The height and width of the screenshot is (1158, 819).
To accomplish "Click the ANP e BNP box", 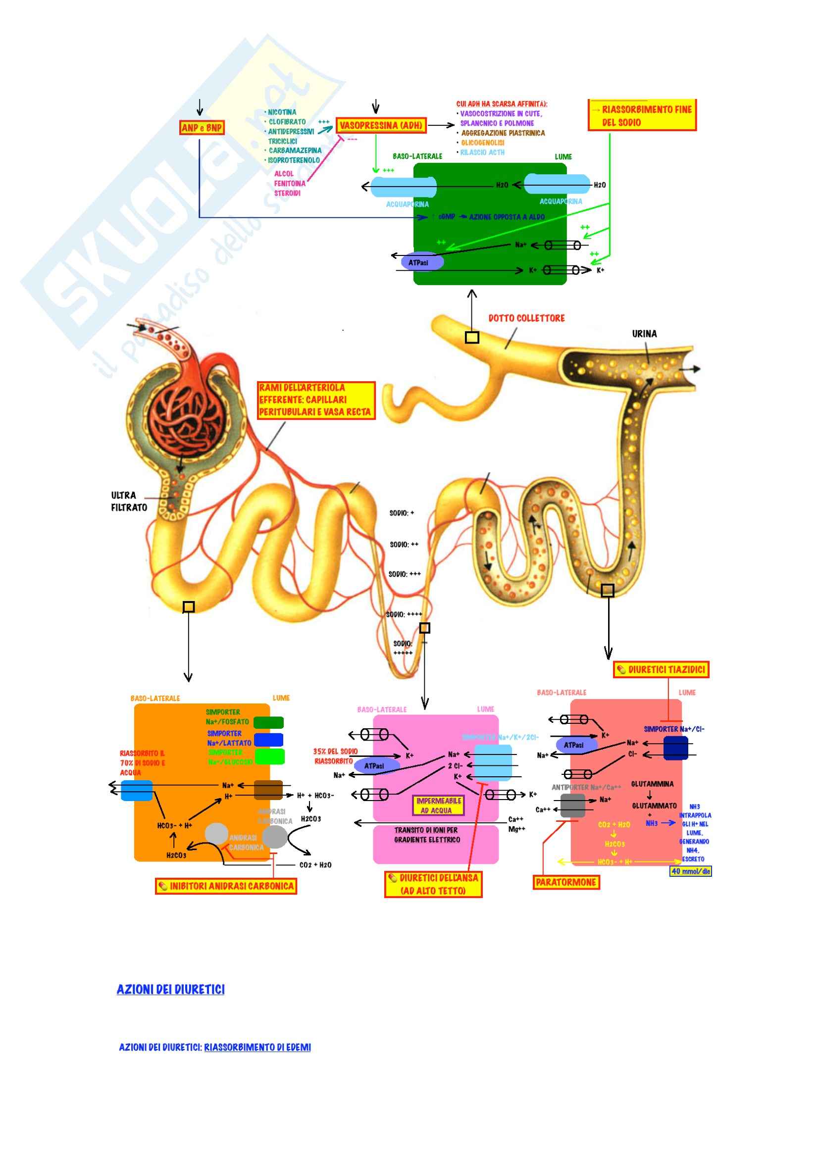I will coord(202,128).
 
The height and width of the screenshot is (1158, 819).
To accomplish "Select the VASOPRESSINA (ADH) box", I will coord(381,126).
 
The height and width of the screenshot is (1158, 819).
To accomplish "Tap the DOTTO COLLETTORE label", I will coord(526,318).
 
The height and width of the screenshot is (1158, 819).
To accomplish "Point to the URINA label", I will coord(644,334).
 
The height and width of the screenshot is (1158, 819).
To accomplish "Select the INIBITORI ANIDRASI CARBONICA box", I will coord(226,886).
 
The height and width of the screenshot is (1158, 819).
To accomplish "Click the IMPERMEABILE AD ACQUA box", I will coord(439,806).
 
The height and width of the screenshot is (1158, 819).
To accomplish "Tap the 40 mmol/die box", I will coord(690,871).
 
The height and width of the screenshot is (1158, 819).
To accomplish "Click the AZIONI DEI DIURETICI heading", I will coord(170,990).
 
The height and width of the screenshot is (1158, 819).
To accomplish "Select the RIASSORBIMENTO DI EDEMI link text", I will coord(257,1047).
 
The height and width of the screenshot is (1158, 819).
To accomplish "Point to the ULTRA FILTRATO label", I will coord(129,502).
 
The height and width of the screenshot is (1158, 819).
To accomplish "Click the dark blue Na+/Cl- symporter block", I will coord(675,748).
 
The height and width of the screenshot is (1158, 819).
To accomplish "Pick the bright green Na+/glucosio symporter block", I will coord(269,756).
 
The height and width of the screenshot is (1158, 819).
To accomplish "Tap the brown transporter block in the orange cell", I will coord(268,790).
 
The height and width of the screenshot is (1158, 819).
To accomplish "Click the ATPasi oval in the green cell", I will coord(422,262).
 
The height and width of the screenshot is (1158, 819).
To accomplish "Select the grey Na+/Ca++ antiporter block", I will coord(572,806).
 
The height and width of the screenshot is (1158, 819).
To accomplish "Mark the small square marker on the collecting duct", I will coord(471,338).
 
